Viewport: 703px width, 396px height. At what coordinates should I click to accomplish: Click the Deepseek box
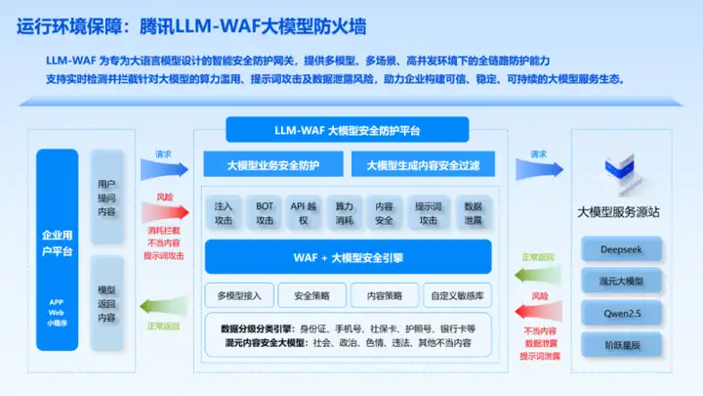[x=620, y=248]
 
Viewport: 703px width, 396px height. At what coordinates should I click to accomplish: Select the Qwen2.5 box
[x=620, y=314]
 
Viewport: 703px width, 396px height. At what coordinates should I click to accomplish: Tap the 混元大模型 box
[x=620, y=282]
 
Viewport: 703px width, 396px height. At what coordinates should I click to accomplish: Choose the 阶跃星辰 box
[x=620, y=346]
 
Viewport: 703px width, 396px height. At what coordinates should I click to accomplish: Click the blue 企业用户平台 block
[x=57, y=249]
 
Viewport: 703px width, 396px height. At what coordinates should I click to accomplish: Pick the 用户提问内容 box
[x=106, y=198]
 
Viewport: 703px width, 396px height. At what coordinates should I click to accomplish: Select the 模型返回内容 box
[x=106, y=304]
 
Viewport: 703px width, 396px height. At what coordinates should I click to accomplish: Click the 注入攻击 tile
[x=224, y=213]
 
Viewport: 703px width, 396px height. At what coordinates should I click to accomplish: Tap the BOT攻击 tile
[x=265, y=213]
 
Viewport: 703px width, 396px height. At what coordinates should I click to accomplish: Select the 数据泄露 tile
[x=473, y=213]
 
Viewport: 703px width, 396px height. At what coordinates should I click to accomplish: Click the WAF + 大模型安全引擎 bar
[x=348, y=258]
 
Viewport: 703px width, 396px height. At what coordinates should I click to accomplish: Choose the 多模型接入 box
[x=238, y=294]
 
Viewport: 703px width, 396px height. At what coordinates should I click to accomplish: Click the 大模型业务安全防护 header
[x=272, y=165]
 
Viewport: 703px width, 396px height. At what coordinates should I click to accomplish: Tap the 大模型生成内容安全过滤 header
[x=423, y=165]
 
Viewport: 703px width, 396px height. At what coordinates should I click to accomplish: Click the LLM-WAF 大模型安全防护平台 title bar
[x=348, y=130]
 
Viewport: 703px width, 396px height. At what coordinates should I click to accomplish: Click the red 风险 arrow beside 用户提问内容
[x=163, y=210]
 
